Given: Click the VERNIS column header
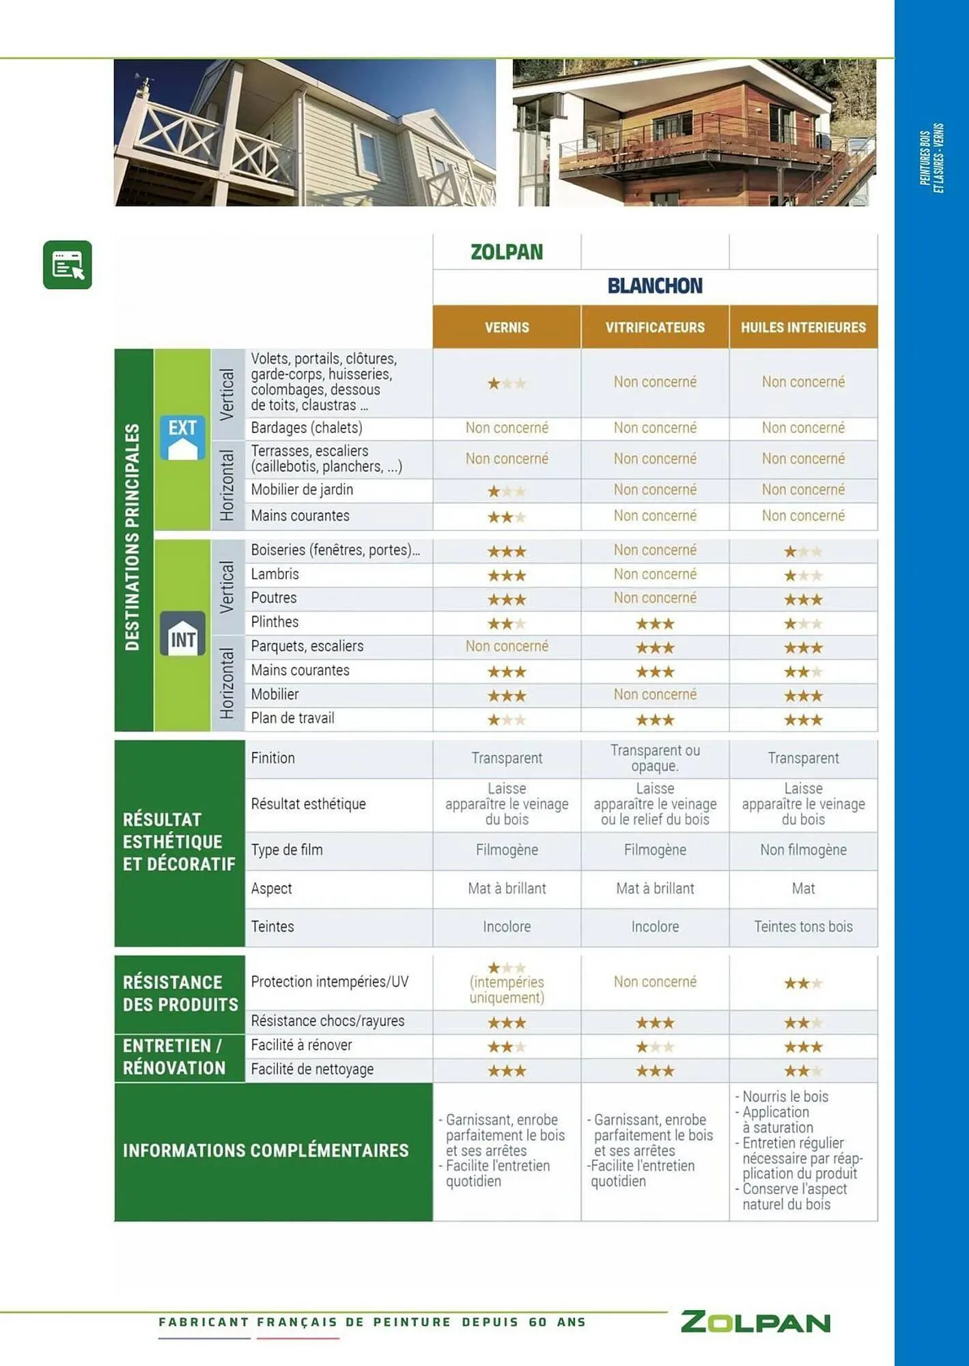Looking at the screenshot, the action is tap(507, 327).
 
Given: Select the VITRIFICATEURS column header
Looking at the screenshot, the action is tap(655, 327).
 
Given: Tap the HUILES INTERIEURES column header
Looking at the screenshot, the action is tap(803, 327).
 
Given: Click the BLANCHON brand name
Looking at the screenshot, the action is tap(655, 285).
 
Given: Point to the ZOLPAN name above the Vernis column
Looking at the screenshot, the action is tap(507, 252).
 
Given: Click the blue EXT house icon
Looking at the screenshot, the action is tap(182, 438).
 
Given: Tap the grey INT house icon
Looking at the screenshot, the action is tap(182, 634).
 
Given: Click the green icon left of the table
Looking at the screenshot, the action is tap(68, 265).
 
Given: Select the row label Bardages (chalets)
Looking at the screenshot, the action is tap(307, 428).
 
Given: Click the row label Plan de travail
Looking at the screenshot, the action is tap(292, 718).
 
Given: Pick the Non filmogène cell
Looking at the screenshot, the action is tap(803, 850).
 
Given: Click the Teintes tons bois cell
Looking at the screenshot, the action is tap(803, 927).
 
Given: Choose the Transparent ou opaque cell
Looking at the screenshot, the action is tap(655, 758).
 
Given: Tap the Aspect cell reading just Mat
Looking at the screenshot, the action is tap(803, 889).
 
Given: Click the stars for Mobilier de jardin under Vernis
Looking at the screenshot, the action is tap(507, 491).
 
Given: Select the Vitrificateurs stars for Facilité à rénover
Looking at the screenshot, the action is tap(655, 1047).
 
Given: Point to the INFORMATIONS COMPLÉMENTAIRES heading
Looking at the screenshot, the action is tap(266, 1151).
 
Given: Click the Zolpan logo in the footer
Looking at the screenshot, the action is tap(755, 1322).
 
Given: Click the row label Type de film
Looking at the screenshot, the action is tap(287, 850).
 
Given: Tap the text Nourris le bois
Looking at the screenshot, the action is tap(785, 1097).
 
